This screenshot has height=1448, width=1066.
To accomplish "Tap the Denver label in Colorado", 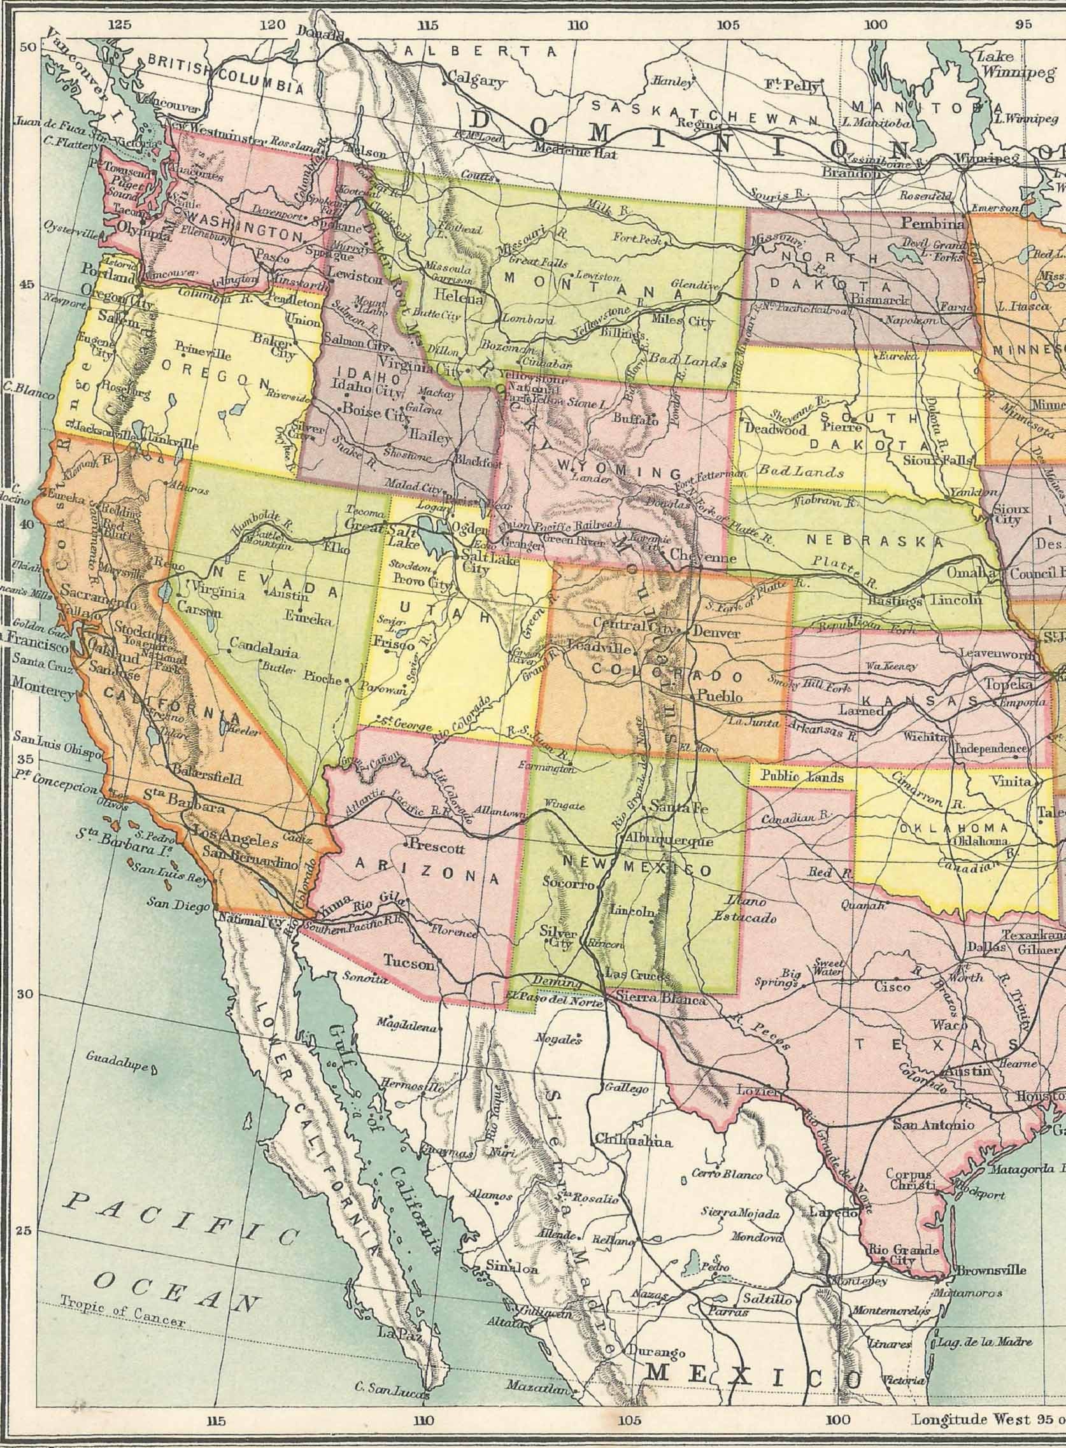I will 716,633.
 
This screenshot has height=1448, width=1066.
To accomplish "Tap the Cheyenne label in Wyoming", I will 704,553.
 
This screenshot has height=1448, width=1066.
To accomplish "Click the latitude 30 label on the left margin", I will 25,995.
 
